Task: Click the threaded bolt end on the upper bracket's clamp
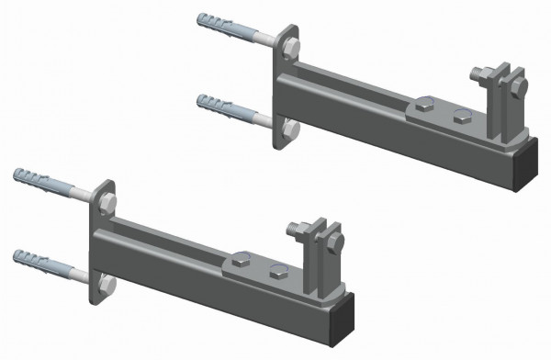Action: [x=479, y=74]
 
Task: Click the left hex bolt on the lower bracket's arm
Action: [x=244, y=261]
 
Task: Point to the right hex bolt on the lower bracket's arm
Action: [x=278, y=270]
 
